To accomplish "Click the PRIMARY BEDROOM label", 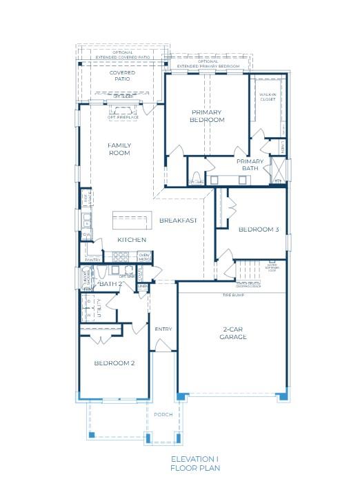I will coord(207,115).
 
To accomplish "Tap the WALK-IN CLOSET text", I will coord(267,96).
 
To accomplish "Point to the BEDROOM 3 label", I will coord(259,230).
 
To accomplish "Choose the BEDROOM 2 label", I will coord(114,363).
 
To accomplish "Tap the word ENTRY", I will coord(163,329).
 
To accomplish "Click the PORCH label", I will coord(163,414).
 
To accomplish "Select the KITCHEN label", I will coord(131,240).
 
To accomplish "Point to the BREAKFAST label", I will coord(179,221).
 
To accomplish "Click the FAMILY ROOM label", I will coord(119,149).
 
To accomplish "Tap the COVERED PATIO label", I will coord(121,76).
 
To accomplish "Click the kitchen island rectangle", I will coord(131,221).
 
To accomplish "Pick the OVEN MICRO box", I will coord(144,257).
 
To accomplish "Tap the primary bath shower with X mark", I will coord(279,170).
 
